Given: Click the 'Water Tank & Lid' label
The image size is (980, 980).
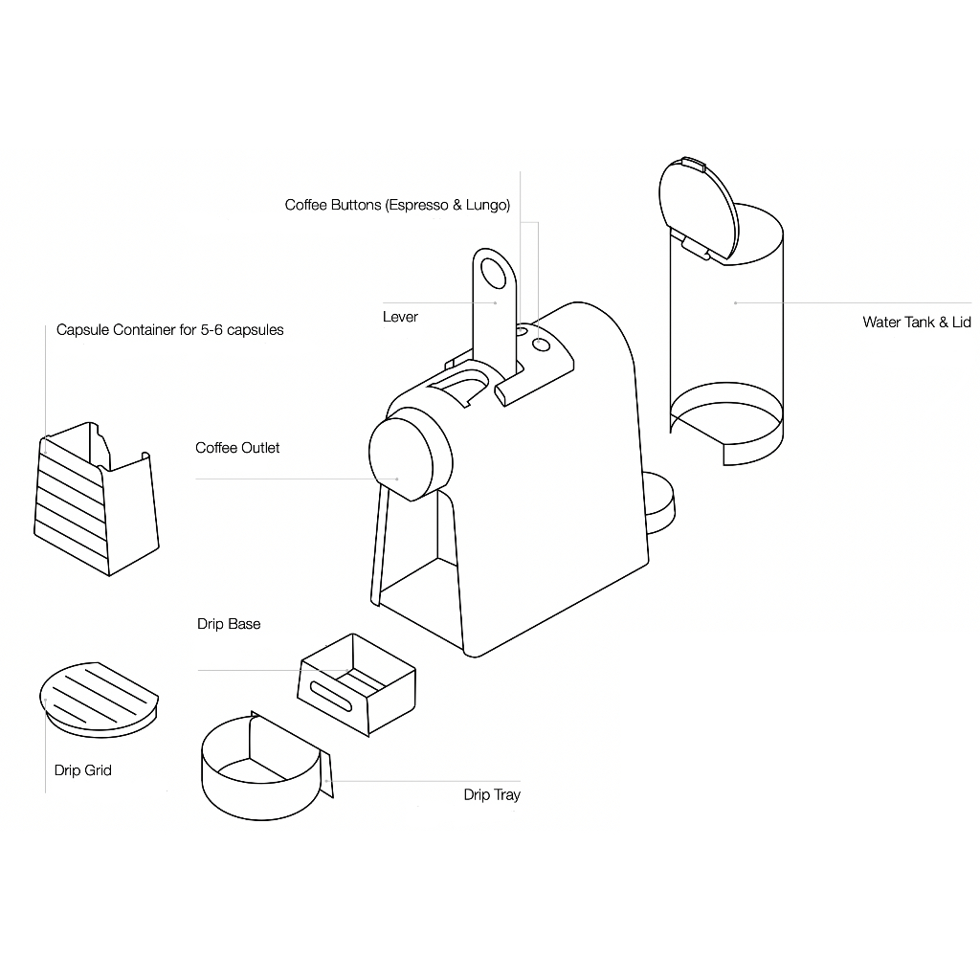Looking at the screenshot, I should tap(916, 322).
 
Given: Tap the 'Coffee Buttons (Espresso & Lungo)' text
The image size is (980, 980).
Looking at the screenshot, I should tap(397, 205).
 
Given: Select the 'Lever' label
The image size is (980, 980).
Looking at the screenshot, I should tap(400, 317).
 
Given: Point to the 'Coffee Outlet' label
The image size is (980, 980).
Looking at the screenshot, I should tap(237, 448).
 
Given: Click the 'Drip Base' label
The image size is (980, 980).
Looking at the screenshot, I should tap(229, 624).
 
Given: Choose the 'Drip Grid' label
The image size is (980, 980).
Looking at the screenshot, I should tap(83, 769).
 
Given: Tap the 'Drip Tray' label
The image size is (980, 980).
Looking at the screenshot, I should tap(492, 794).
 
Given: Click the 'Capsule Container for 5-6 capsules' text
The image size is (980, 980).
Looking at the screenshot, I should tap(169, 330).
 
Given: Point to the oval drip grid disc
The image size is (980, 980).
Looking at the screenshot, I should tap(98, 696).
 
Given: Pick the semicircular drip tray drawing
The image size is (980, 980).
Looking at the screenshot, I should tap(258, 773).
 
